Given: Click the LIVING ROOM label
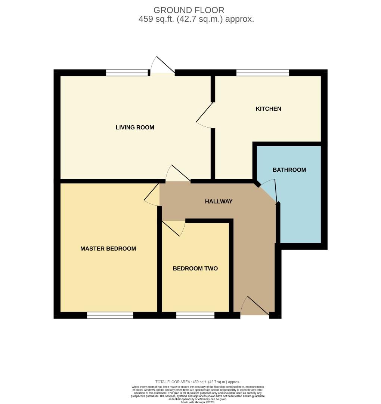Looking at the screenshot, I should pyautogui.click(x=135, y=128).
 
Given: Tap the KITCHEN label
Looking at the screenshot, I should pyautogui.click(x=268, y=109).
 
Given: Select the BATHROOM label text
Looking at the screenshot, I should pyautogui.click(x=289, y=170).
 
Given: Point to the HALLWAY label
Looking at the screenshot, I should pyautogui.click(x=219, y=202).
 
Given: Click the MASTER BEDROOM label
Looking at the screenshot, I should pyautogui.click(x=108, y=249).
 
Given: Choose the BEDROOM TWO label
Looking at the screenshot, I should pyautogui.click(x=195, y=269).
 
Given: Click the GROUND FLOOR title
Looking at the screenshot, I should pyautogui.click(x=189, y=10).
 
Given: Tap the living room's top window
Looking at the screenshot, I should pyautogui.click(x=127, y=73).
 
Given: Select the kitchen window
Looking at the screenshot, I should pyautogui.click(x=263, y=73).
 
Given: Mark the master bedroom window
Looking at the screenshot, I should pyautogui.click(x=110, y=315).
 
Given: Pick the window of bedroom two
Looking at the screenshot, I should pyautogui.click(x=195, y=315).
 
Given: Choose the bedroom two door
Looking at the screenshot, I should pyautogui.click(x=174, y=228).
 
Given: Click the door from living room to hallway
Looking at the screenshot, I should pyautogui.click(x=178, y=174).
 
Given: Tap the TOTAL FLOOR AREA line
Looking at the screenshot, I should pyautogui.click(x=198, y=382).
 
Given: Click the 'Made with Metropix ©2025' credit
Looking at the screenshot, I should pyautogui.click(x=198, y=402).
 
